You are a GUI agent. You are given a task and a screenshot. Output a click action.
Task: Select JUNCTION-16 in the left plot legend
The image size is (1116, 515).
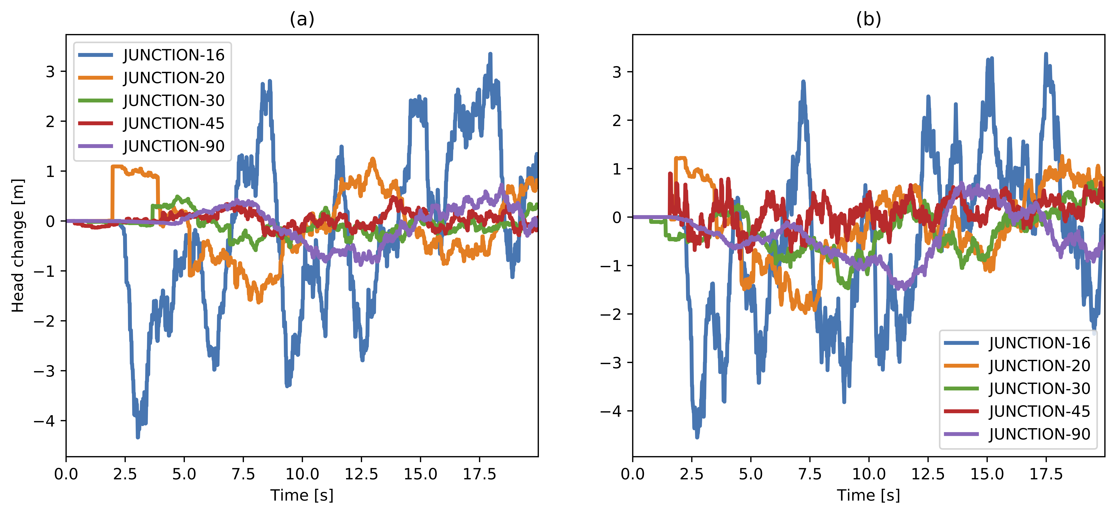[174, 55]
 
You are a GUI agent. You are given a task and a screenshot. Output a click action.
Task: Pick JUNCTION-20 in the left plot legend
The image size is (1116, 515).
[174, 78]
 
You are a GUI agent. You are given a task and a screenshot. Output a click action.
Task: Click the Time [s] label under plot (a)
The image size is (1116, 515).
[302, 495]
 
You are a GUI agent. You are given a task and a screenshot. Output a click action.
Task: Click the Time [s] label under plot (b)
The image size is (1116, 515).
[869, 495]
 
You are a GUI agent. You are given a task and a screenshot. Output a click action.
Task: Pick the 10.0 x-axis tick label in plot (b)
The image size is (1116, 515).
[869, 474]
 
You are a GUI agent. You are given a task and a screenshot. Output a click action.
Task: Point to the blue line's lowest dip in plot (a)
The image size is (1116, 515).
[138, 437]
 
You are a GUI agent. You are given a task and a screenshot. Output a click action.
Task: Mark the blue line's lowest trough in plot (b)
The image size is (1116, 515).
[697, 437]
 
